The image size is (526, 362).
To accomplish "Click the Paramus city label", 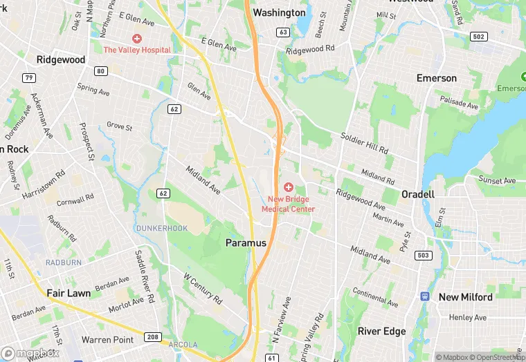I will pos(246,243).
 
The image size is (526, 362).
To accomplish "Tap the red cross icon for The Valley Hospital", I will pos(137,38).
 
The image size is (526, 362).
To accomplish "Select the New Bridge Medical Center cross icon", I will pos(288,187).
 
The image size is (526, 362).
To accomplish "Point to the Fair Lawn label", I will pos(69,293).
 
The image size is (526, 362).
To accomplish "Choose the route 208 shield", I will pos(154,337).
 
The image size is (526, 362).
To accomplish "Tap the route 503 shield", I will pos(424,256).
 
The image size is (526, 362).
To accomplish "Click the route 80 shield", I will pos(102,71).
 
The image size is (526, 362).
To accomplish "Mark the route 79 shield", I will pos(28,77).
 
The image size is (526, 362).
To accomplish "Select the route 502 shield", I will pos(478,36).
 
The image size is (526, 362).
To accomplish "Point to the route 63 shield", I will pos(282,32).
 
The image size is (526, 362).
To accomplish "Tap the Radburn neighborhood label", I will pos(64,263).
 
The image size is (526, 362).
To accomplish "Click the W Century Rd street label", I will pos(202,289).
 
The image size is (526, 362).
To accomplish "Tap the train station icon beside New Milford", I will pos(425,296).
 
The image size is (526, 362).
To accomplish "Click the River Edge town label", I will pos(381,332).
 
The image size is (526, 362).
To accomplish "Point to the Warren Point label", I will pos(107,340).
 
